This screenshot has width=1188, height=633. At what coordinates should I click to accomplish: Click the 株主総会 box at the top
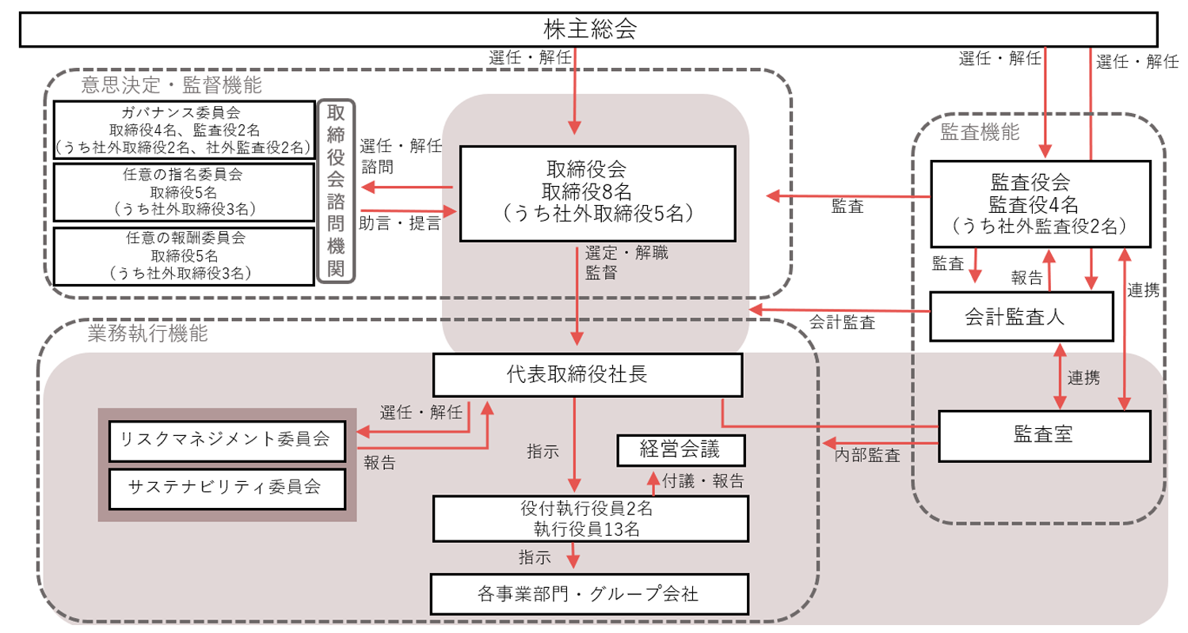(589, 29)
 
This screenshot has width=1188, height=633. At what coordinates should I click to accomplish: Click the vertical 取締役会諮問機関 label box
(337, 191)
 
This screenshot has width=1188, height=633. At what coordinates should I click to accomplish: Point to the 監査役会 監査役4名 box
(1040, 205)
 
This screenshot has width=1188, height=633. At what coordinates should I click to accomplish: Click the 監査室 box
(1043, 435)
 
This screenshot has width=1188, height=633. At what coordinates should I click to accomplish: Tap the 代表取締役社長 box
(587, 374)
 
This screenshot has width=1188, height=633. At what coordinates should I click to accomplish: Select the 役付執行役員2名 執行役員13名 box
(591, 517)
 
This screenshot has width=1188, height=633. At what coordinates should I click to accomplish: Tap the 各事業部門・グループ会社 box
(589, 593)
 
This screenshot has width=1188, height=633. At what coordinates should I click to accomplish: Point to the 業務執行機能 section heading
(148, 334)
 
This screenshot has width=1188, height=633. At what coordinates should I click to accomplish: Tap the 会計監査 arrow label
(842, 322)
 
